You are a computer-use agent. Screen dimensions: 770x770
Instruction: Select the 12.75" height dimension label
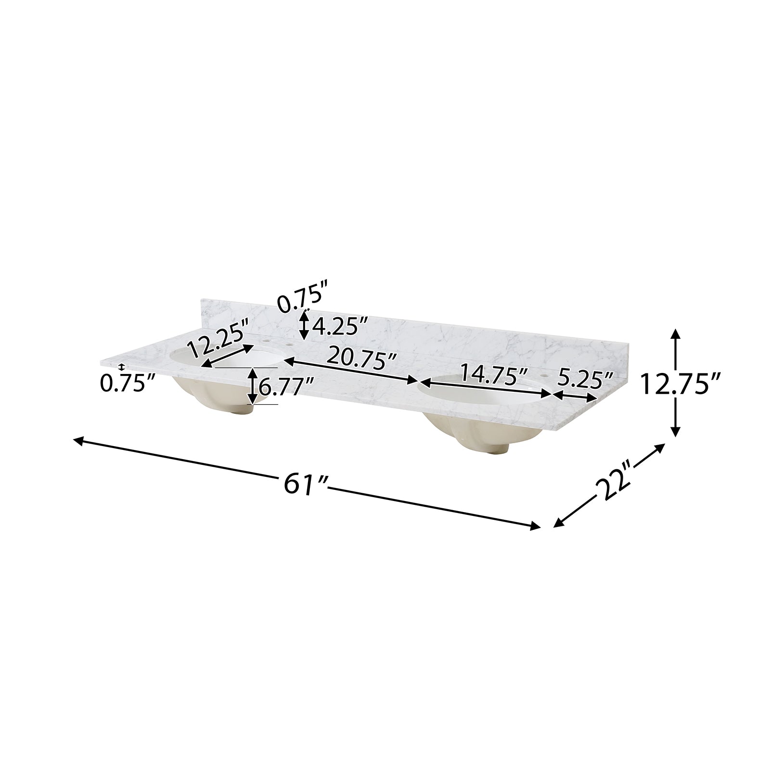coord(680,385)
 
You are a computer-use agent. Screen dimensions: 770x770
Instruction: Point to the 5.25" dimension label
coord(584,381)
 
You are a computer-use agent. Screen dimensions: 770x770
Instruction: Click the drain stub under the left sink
coord(248,410)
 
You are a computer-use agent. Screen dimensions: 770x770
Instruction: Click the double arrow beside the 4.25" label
coord(304,325)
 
